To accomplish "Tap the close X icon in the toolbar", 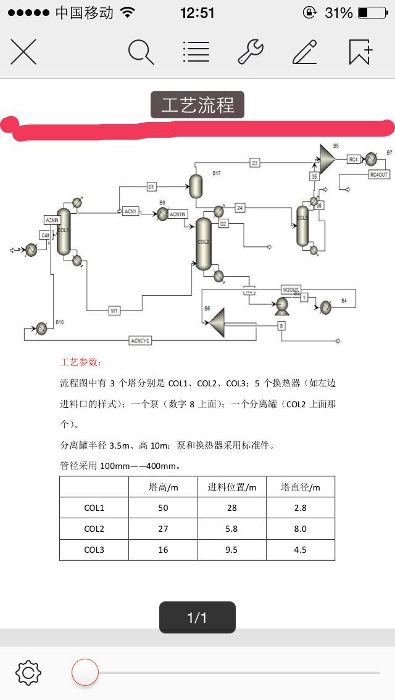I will [23, 52].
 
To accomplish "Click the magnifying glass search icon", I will [141, 52].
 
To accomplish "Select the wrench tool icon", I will [251, 52].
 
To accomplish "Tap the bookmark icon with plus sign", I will [360, 52].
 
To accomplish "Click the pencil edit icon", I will [305, 52].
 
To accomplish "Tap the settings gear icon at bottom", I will [28, 672].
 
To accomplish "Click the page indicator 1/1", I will [197, 617].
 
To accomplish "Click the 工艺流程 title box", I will [197, 105].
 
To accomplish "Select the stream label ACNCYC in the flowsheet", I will [140, 341].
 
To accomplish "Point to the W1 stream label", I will [114, 311].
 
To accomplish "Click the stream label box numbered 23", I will [254, 163].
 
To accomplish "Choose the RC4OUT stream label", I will [379, 174].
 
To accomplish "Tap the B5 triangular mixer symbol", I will [326, 159].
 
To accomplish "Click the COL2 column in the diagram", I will [204, 244].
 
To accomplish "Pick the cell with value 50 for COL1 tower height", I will [163, 508].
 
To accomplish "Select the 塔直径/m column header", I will [301, 487].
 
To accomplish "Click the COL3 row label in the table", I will [94, 550].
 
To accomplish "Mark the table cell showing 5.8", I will [231, 529].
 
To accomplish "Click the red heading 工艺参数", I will [81, 362].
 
